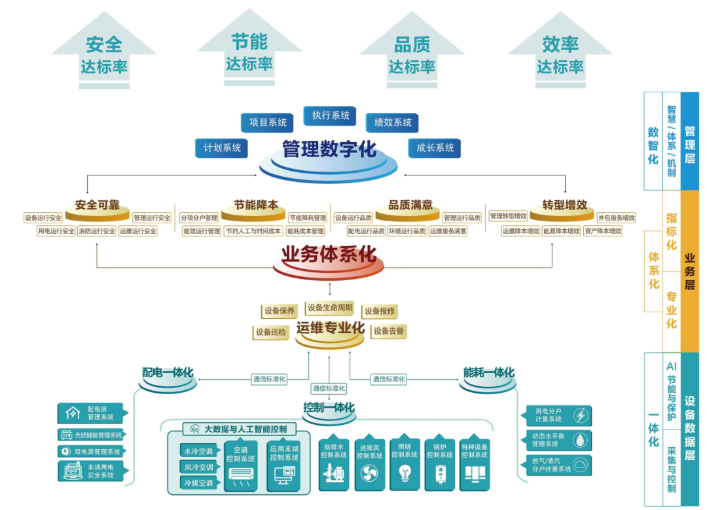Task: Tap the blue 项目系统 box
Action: click(x=268, y=122)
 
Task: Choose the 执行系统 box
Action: click(x=330, y=116)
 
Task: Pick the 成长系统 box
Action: click(x=435, y=148)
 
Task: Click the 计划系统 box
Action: click(x=222, y=148)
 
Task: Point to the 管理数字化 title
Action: click(x=329, y=150)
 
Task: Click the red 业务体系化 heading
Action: click(x=329, y=254)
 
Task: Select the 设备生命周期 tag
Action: click(x=330, y=308)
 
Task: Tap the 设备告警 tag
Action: click(x=389, y=331)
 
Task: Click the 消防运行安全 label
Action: click(x=97, y=231)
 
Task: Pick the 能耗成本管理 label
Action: click(x=305, y=231)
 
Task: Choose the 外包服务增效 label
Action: click(x=616, y=217)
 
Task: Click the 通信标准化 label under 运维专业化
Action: click(x=329, y=388)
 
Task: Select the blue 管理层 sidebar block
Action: click(x=690, y=141)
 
